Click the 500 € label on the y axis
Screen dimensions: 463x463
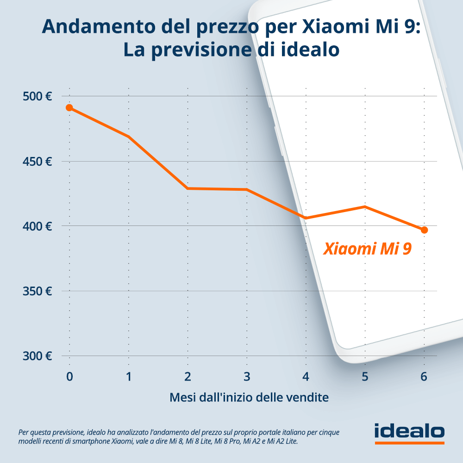(x=37, y=97)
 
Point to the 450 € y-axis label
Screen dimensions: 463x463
(x=37, y=162)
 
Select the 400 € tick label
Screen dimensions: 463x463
(x=37, y=226)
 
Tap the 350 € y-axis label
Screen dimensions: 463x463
(x=37, y=291)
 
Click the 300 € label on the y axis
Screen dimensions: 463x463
(x=37, y=356)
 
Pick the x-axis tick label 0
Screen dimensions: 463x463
(x=69, y=376)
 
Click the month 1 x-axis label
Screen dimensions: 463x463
(x=129, y=376)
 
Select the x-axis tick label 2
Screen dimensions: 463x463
(x=188, y=376)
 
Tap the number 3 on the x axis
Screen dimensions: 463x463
(x=247, y=376)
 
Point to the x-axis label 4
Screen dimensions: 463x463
(x=306, y=376)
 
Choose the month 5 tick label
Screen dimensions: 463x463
(x=365, y=376)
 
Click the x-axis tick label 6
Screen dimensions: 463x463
(x=424, y=376)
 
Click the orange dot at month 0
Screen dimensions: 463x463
(x=69, y=108)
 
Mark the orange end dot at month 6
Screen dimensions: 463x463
(x=424, y=230)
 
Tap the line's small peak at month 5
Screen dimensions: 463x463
(x=365, y=206)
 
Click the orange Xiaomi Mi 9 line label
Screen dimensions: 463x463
(x=367, y=249)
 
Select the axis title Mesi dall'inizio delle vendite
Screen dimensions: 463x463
(x=249, y=397)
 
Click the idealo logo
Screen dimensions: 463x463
(x=409, y=432)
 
